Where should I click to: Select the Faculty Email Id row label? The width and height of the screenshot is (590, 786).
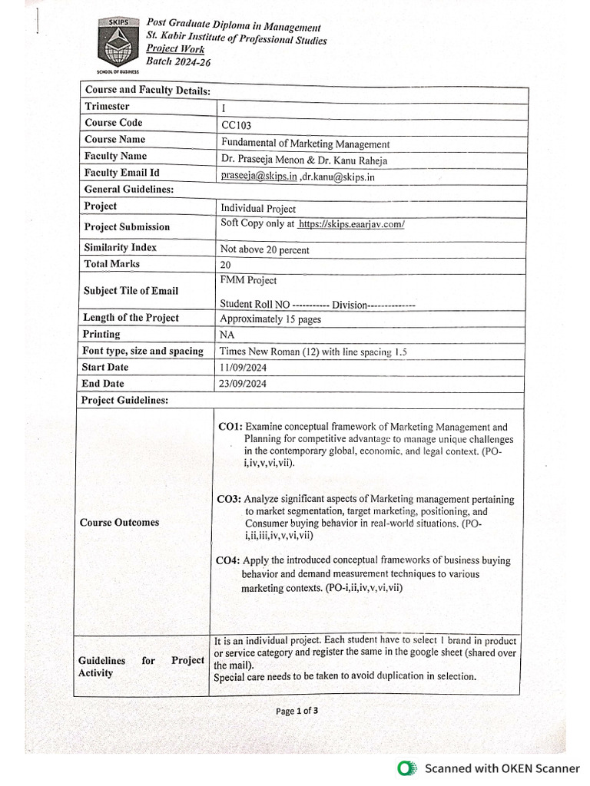121,173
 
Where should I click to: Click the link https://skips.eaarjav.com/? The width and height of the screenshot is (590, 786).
351,224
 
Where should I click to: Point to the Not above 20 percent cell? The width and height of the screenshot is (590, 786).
264,249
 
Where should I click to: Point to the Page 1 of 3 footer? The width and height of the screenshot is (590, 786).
297,711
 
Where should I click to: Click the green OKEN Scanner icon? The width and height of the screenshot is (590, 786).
405,768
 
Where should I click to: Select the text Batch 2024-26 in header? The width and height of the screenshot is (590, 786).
178,62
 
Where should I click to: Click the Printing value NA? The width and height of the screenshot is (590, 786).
227,335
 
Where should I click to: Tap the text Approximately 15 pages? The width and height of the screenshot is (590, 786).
270,319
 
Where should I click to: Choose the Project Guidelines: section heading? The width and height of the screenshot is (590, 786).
126,400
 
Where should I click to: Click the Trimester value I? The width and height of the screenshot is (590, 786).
224,109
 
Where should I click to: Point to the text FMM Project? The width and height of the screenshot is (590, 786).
248,281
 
